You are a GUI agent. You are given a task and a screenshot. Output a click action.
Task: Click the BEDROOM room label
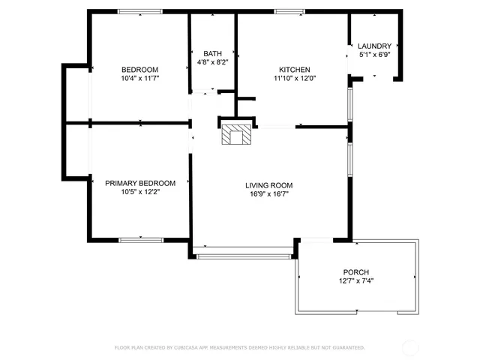140,70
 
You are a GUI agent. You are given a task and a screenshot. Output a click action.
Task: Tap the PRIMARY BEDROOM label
140,183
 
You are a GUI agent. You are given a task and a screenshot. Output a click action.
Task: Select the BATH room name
212,53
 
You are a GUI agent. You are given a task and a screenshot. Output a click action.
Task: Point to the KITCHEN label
295,70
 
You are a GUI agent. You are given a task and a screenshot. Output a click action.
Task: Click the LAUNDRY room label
375,46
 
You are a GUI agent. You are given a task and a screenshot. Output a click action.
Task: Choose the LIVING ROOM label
269,185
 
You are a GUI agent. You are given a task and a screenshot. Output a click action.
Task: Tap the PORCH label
356,271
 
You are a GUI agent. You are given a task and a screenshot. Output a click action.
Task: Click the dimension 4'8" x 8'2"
213,62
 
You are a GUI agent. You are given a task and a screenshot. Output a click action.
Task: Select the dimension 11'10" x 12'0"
295,78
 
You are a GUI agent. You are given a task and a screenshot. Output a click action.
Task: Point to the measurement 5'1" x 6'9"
375,55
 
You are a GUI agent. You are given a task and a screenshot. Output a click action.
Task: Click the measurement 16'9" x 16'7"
269,193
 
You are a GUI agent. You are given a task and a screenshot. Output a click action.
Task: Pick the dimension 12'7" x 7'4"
356,280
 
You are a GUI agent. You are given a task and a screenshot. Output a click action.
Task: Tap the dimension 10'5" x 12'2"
140,192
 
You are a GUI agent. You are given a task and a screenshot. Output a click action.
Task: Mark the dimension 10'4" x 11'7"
140,78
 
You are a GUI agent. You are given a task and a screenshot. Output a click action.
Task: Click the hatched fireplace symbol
236,134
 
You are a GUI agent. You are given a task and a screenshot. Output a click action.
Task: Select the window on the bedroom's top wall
140,12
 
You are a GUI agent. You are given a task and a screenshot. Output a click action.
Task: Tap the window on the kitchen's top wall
289,12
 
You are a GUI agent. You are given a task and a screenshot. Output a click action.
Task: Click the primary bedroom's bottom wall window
141,240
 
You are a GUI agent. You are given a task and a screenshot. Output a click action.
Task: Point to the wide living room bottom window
244,256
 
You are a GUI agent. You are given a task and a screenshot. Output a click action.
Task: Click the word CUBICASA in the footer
187,347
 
